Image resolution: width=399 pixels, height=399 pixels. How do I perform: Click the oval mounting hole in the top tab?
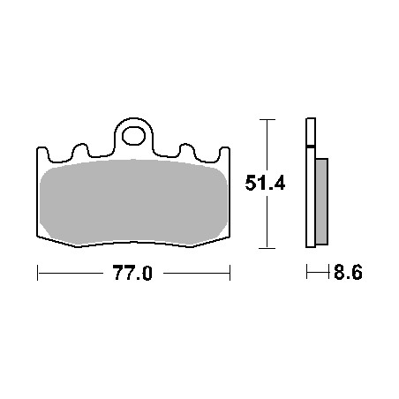pyautogui.click(x=133, y=137)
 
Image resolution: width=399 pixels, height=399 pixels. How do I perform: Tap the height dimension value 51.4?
pyautogui.click(x=263, y=184)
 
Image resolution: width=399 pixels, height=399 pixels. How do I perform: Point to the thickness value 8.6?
pyautogui.click(x=347, y=275)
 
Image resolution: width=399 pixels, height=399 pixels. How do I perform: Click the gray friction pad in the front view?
pyautogui.click(x=132, y=201)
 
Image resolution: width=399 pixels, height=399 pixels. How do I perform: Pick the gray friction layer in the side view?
pyautogui.click(x=320, y=201)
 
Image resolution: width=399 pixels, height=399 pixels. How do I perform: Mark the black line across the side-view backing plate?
pyautogui.click(x=310, y=146)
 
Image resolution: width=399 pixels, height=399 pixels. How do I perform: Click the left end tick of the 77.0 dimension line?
pyautogui.click(x=37, y=275)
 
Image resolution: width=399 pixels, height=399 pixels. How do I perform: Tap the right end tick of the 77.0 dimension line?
pyautogui.click(x=230, y=275)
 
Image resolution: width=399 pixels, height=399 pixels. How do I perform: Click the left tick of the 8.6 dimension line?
pyautogui.click(x=306, y=275)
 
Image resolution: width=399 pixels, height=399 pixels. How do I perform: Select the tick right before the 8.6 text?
pyautogui.click(x=327, y=275)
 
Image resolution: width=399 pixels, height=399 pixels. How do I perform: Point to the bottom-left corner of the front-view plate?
pyautogui.click(x=39, y=237)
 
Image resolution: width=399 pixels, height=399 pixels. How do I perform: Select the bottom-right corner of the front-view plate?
pyautogui.click(x=228, y=237)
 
